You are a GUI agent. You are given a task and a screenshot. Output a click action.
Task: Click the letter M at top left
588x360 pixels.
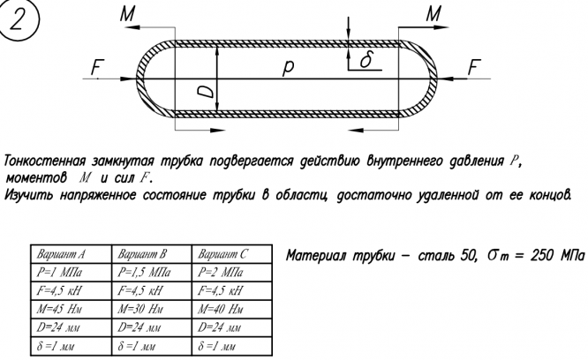click(x=129, y=13)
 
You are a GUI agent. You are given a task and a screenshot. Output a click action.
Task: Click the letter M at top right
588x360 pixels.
click(x=433, y=13)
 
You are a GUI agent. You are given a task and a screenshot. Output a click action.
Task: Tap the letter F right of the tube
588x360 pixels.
click(x=475, y=67)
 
